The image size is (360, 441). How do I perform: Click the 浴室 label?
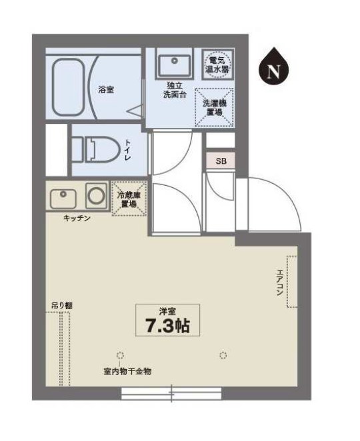[106, 90]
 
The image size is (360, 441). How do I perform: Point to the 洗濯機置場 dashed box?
[214, 107]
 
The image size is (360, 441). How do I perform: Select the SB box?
[220, 161]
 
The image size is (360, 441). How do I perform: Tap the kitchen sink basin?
[64, 197]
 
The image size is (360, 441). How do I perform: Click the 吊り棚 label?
[62, 306]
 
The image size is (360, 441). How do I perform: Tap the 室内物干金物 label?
[127, 371]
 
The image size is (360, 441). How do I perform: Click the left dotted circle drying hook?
[120, 354]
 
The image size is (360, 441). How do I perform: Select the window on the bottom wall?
[171, 394]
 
